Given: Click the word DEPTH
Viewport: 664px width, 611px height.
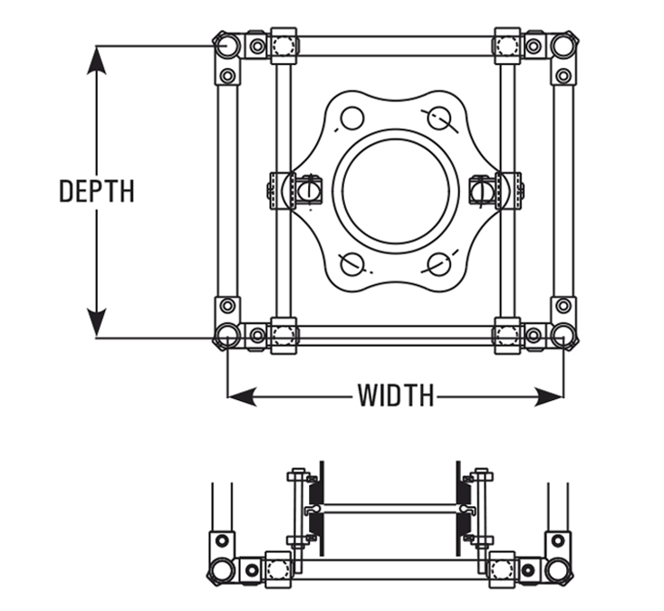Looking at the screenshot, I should (97, 191).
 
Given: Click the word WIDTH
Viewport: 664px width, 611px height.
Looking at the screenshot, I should (395, 396).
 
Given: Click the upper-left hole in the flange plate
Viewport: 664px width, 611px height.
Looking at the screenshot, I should (351, 118).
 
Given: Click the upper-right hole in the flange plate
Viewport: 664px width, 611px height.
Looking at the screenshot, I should (439, 118).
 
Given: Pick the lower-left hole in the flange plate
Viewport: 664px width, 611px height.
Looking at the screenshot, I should (351, 263).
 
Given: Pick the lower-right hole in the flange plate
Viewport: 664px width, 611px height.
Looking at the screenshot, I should (439, 263).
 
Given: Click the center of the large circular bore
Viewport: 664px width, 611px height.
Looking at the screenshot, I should (396, 191).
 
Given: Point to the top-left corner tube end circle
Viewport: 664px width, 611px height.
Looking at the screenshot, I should (226, 44).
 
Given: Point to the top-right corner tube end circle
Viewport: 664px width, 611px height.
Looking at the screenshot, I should (563, 44).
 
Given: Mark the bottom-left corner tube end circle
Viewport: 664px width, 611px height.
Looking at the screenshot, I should (226, 337).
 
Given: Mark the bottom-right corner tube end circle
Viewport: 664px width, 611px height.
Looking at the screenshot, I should (563, 337).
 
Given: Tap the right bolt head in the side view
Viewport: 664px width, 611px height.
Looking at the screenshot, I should (482, 473).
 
